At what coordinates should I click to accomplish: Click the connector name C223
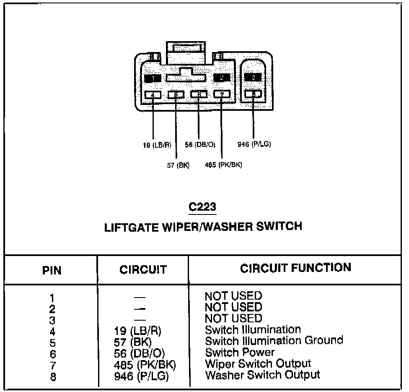[202, 207]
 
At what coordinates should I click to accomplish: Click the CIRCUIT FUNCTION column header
[295, 268]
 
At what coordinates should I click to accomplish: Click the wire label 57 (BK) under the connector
[178, 165]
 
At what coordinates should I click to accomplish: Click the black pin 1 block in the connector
[153, 78]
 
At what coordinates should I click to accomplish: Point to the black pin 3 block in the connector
[253, 77]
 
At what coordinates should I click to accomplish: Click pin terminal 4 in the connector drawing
[153, 95]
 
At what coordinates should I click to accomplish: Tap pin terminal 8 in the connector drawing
[253, 94]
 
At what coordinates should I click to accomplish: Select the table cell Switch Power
[240, 352]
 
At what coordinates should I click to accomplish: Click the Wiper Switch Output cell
[258, 363]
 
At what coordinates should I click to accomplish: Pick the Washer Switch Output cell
[262, 374]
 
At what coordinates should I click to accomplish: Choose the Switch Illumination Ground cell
[274, 340]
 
